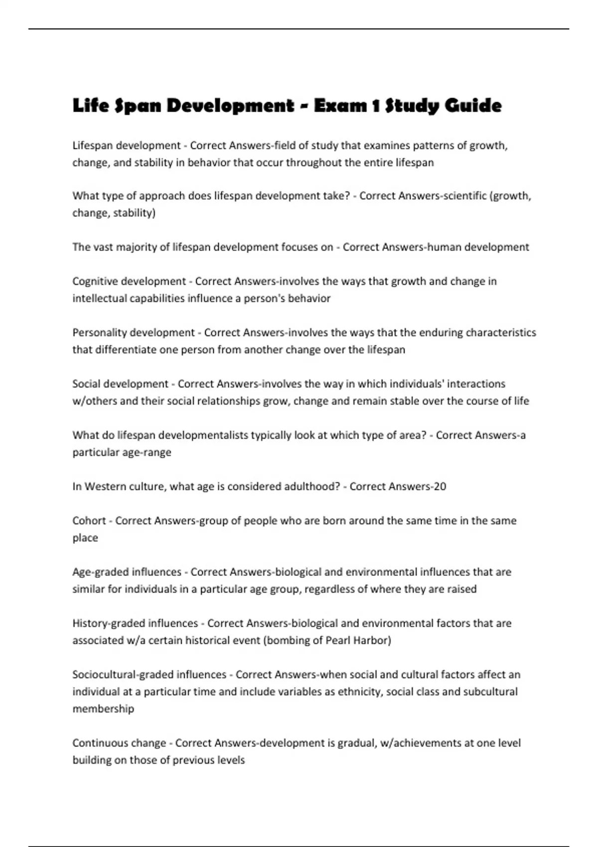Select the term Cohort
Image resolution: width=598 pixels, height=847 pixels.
click(x=89, y=521)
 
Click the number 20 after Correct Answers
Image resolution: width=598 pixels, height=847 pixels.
click(x=440, y=486)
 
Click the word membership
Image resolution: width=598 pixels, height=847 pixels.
click(x=103, y=708)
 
